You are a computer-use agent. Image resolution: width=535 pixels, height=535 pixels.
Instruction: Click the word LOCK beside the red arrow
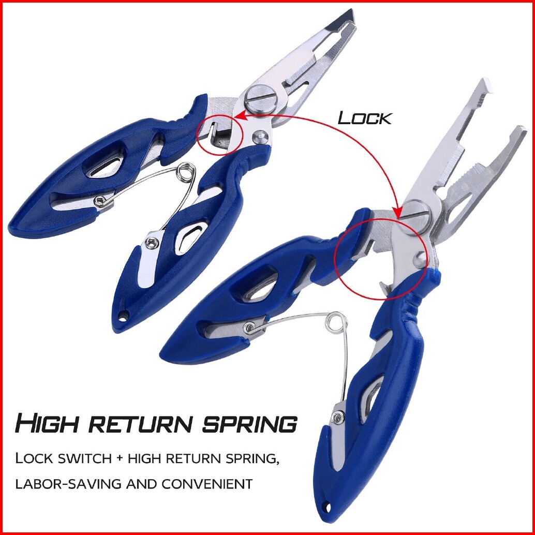[x=365, y=118]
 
